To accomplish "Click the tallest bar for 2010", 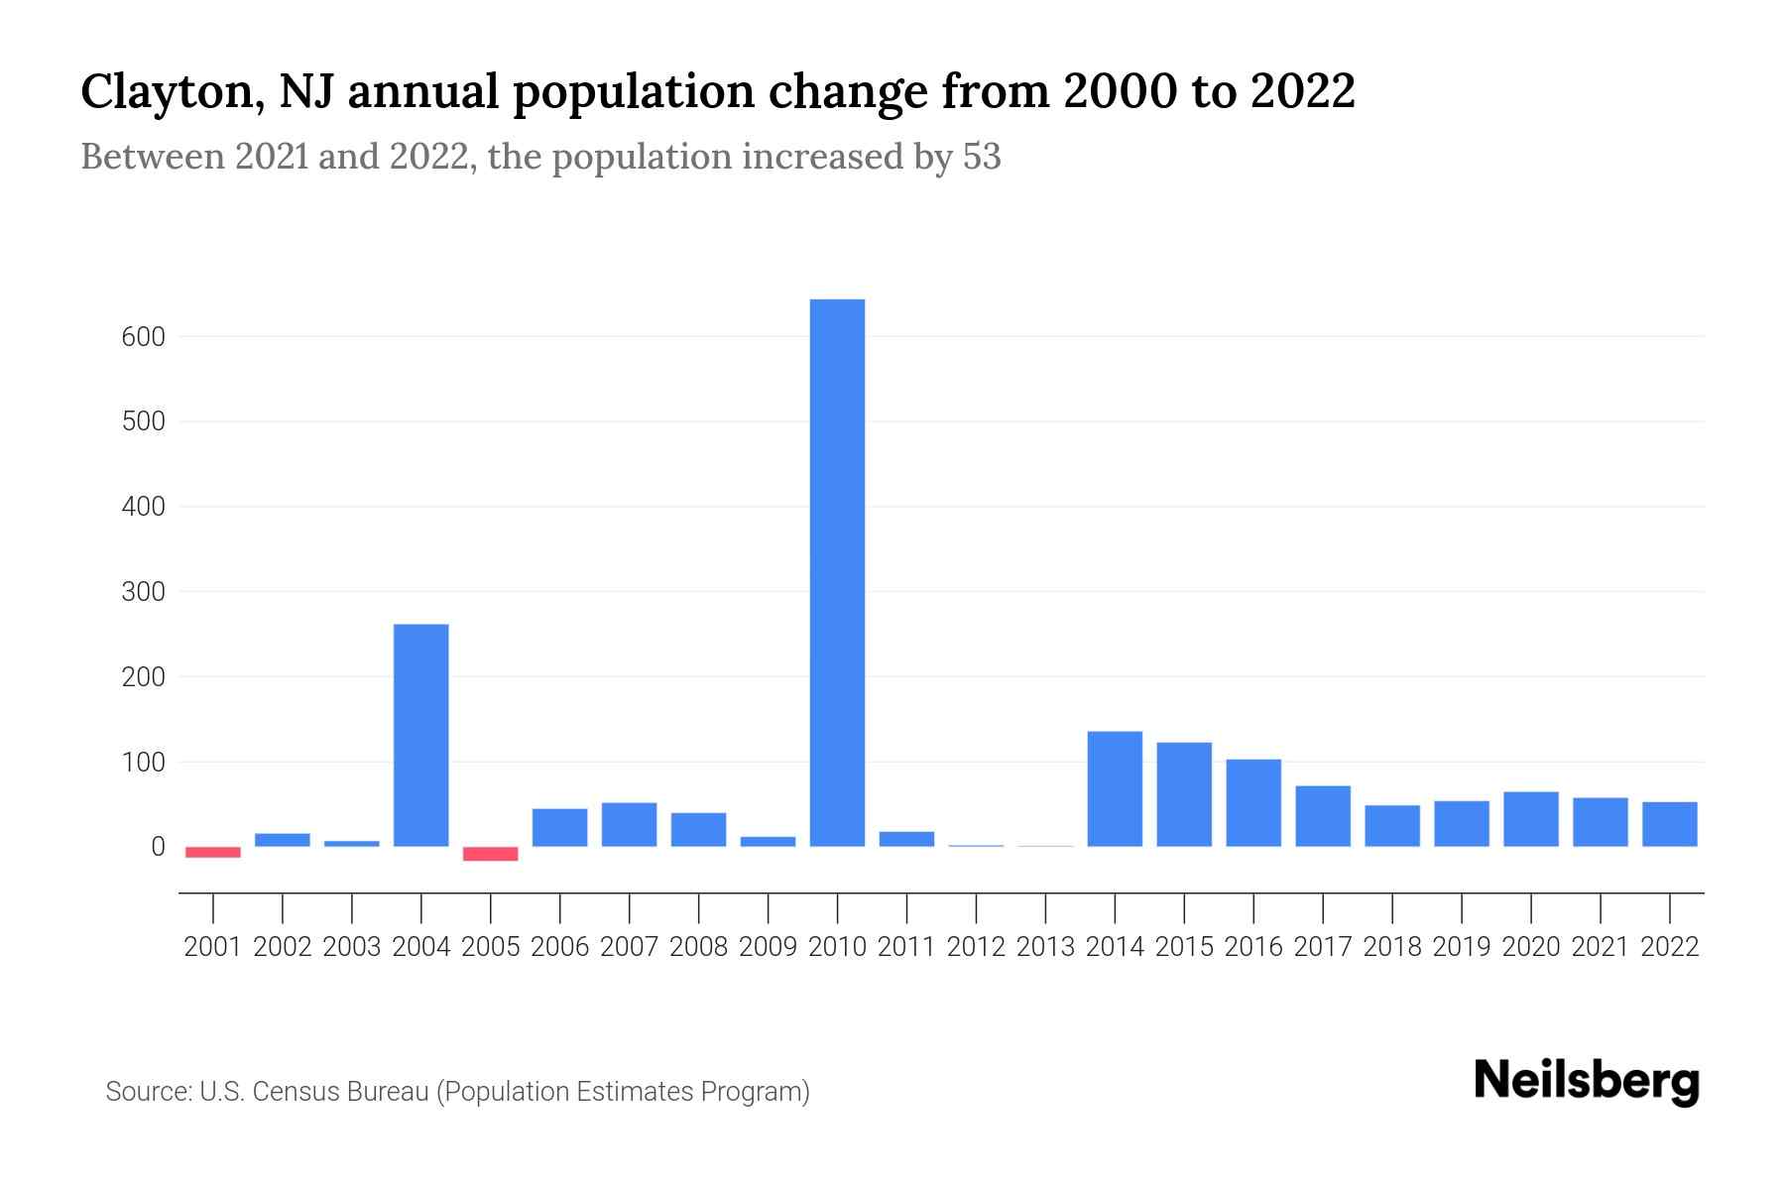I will (x=837, y=572).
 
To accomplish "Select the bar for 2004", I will (x=420, y=735).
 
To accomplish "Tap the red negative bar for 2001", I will (x=213, y=852).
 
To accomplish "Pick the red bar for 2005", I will (x=491, y=854).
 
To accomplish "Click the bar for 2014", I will (x=1115, y=788).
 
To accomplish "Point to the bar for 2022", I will (x=1670, y=824).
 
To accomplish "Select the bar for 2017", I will (x=1323, y=816).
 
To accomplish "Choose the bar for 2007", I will (x=629, y=824).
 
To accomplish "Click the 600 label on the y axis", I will (x=144, y=337).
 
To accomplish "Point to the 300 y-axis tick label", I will (x=144, y=592).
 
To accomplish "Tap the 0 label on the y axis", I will (x=158, y=847).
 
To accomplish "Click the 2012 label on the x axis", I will (x=976, y=947).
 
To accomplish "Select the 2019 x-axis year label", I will (x=1462, y=947).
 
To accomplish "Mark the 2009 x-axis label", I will (x=768, y=947).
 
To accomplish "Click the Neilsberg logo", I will (x=1587, y=1081).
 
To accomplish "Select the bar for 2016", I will (x=1253, y=802).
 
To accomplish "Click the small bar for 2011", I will (x=906, y=839).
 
